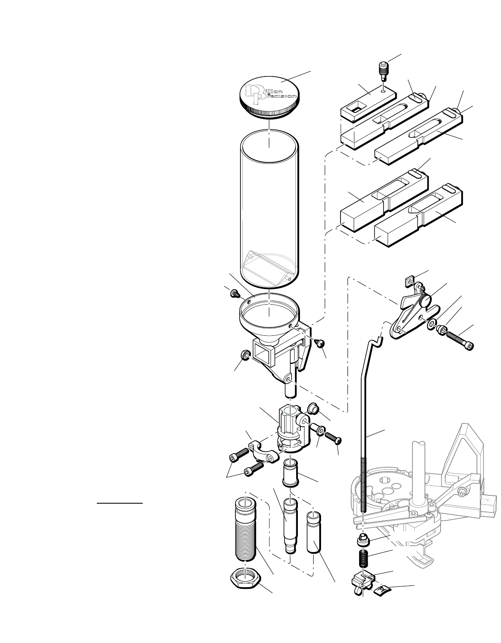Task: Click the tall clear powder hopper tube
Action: point(269,198)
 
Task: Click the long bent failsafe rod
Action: point(365,414)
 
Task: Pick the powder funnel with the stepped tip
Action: point(289,523)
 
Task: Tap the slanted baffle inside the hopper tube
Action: point(269,265)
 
